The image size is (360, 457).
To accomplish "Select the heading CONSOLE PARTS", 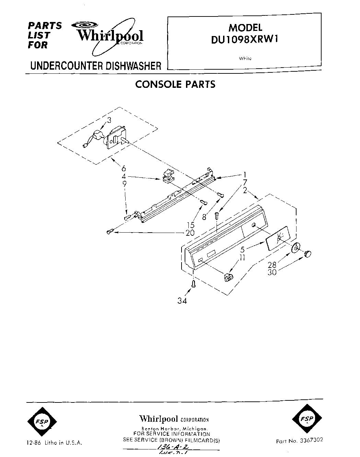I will click(175, 84).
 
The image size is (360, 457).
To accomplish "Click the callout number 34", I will click(182, 301).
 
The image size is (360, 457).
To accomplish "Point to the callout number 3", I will click(109, 120).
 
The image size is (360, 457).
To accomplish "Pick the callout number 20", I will click(190, 233).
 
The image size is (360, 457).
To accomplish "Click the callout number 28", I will click(272, 265).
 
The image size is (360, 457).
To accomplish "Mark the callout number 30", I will click(272, 272).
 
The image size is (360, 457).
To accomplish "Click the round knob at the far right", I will click(307, 254).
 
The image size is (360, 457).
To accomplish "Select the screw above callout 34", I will click(193, 284).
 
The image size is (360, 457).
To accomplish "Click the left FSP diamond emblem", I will click(41, 421).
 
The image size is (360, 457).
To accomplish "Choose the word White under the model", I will click(245, 58).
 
